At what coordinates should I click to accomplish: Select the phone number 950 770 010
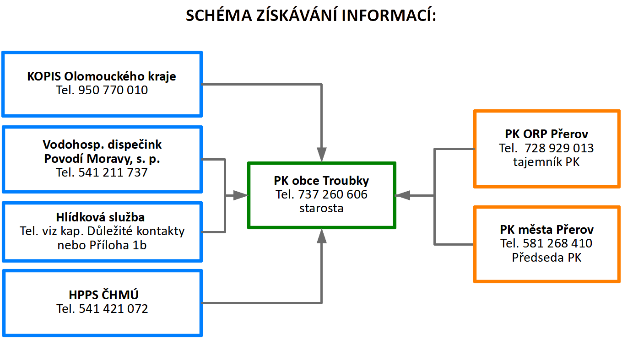coord(113,90)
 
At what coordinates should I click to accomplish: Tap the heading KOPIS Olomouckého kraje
coord(102,76)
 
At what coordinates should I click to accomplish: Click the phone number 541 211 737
coord(113,172)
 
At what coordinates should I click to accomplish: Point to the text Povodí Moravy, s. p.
coord(102,159)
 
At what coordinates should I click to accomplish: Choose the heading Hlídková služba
coord(100,217)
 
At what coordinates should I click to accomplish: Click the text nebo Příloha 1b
coord(102,245)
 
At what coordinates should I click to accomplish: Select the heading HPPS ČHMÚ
coord(103,294)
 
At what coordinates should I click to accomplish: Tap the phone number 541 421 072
coord(114,309)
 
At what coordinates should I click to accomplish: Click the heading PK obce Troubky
coord(321,181)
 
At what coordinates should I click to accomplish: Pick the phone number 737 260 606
coord(333,194)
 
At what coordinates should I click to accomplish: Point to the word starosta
coord(321,208)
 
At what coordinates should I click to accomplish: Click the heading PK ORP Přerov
coord(546,134)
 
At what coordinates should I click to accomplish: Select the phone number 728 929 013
coord(559,148)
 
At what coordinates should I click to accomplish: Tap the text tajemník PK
coord(546,162)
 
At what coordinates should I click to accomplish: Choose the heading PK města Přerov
coord(547,230)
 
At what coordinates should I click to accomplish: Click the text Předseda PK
coord(546,257)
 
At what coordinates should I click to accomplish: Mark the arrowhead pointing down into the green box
coord(322,155)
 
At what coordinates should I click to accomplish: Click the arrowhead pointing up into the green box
coord(322,236)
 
